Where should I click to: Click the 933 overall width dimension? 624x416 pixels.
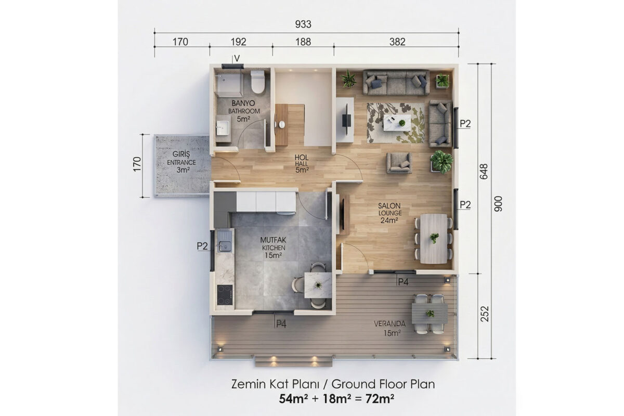(x=303, y=24)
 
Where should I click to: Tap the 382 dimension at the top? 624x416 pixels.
(x=397, y=42)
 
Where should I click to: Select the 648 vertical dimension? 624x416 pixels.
(x=484, y=172)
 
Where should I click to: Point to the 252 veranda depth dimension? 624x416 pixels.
(x=485, y=314)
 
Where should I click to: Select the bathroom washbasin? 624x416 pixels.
(x=223, y=127)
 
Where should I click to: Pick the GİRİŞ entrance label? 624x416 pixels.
(x=181, y=154)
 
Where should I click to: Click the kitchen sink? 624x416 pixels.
(x=224, y=241)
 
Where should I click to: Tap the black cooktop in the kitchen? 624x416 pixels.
(x=225, y=295)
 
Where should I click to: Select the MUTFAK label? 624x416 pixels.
(x=273, y=240)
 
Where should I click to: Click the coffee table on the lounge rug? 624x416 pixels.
(x=397, y=123)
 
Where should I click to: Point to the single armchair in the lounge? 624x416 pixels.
(x=399, y=163)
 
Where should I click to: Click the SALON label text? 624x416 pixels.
(x=389, y=206)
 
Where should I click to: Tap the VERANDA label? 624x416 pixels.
(x=389, y=324)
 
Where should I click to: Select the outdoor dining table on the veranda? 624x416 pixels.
(x=430, y=314)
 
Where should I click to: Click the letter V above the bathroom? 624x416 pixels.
(x=237, y=59)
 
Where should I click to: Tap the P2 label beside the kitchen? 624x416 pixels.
(x=202, y=246)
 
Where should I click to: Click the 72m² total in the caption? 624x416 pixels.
(x=380, y=399)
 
